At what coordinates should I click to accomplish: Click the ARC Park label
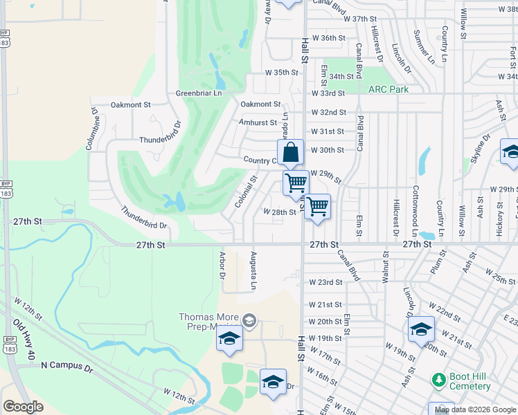tap(388, 89)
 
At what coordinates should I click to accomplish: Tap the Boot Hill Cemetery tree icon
tap(438, 379)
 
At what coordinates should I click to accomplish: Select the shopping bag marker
tap(291, 153)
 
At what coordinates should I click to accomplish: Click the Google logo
tap(23, 407)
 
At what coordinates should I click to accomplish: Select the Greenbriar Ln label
tap(199, 93)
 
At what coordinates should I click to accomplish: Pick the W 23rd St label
tap(325, 282)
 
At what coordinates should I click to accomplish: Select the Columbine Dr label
tap(91, 129)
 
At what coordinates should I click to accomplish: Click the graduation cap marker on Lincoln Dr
tap(421, 330)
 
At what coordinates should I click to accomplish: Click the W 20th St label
tap(325, 322)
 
